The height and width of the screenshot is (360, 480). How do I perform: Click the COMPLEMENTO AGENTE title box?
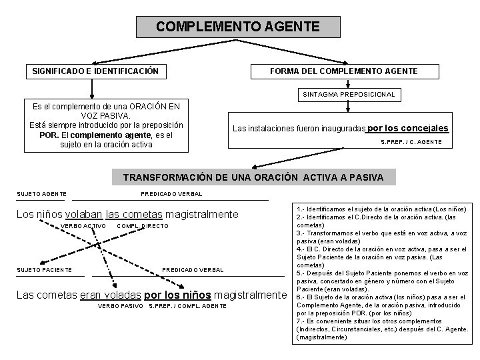[x=237, y=27]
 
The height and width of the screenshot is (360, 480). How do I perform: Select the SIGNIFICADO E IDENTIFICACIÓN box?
[x=95, y=70]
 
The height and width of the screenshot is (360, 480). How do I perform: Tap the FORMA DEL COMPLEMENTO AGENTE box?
[x=343, y=71]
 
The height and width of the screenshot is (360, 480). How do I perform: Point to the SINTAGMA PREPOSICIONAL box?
[x=349, y=95]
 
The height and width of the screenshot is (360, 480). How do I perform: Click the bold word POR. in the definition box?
[x=51, y=134]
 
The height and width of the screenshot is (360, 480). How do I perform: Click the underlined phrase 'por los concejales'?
[x=408, y=128]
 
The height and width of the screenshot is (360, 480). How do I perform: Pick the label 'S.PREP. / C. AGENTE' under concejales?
[x=411, y=142]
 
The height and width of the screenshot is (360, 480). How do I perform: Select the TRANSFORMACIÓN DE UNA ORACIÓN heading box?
[x=253, y=177]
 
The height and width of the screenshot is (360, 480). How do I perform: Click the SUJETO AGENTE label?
[x=41, y=194]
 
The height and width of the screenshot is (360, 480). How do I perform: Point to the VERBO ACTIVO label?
[x=83, y=227]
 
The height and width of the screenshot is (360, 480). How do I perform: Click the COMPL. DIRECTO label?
[x=142, y=227]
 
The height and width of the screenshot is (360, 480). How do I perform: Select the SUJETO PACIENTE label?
[x=44, y=269]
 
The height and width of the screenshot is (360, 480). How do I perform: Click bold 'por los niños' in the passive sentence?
[x=177, y=293]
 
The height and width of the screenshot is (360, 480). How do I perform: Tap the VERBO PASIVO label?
[x=120, y=306]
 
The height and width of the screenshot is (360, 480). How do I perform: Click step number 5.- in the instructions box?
[x=299, y=273]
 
